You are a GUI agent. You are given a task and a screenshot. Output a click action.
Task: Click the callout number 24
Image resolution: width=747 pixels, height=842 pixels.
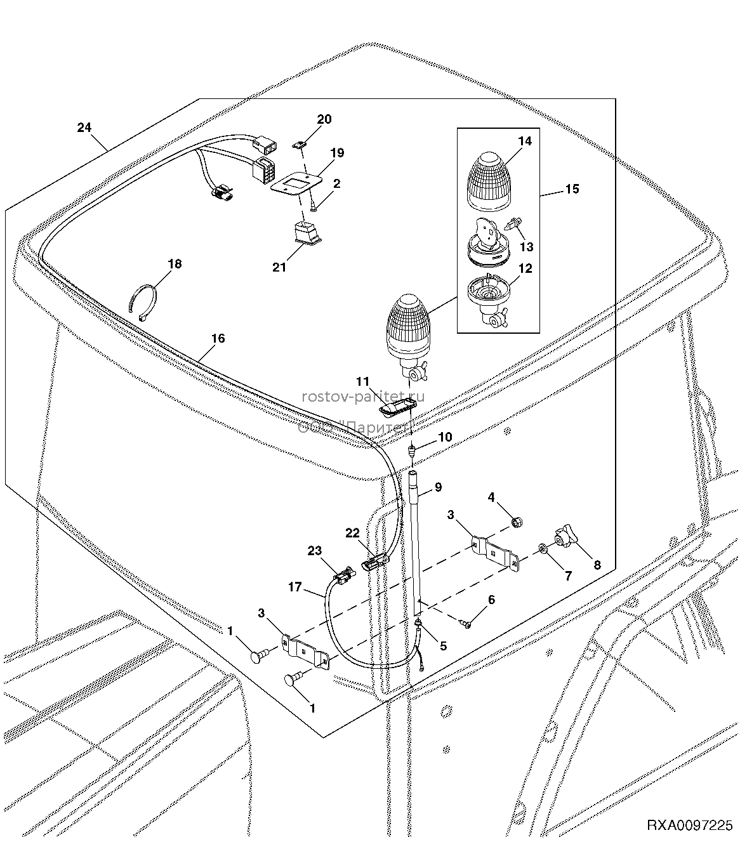(84, 128)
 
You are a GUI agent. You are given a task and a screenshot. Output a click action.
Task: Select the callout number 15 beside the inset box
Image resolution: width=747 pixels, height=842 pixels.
(572, 189)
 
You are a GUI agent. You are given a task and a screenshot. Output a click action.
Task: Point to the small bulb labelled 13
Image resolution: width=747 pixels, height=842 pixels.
(512, 225)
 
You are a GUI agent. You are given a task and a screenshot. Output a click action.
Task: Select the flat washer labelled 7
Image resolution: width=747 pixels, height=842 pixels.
(543, 549)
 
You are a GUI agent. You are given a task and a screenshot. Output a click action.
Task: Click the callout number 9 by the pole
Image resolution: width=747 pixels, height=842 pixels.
(438, 487)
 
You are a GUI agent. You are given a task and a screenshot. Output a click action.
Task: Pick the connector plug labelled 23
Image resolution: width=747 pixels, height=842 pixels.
(345, 576)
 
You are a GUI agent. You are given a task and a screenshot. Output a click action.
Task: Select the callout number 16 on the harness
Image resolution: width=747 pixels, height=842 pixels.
(218, 338)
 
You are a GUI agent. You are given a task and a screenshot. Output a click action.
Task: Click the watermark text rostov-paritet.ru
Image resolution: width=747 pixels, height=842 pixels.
(363, 397)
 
